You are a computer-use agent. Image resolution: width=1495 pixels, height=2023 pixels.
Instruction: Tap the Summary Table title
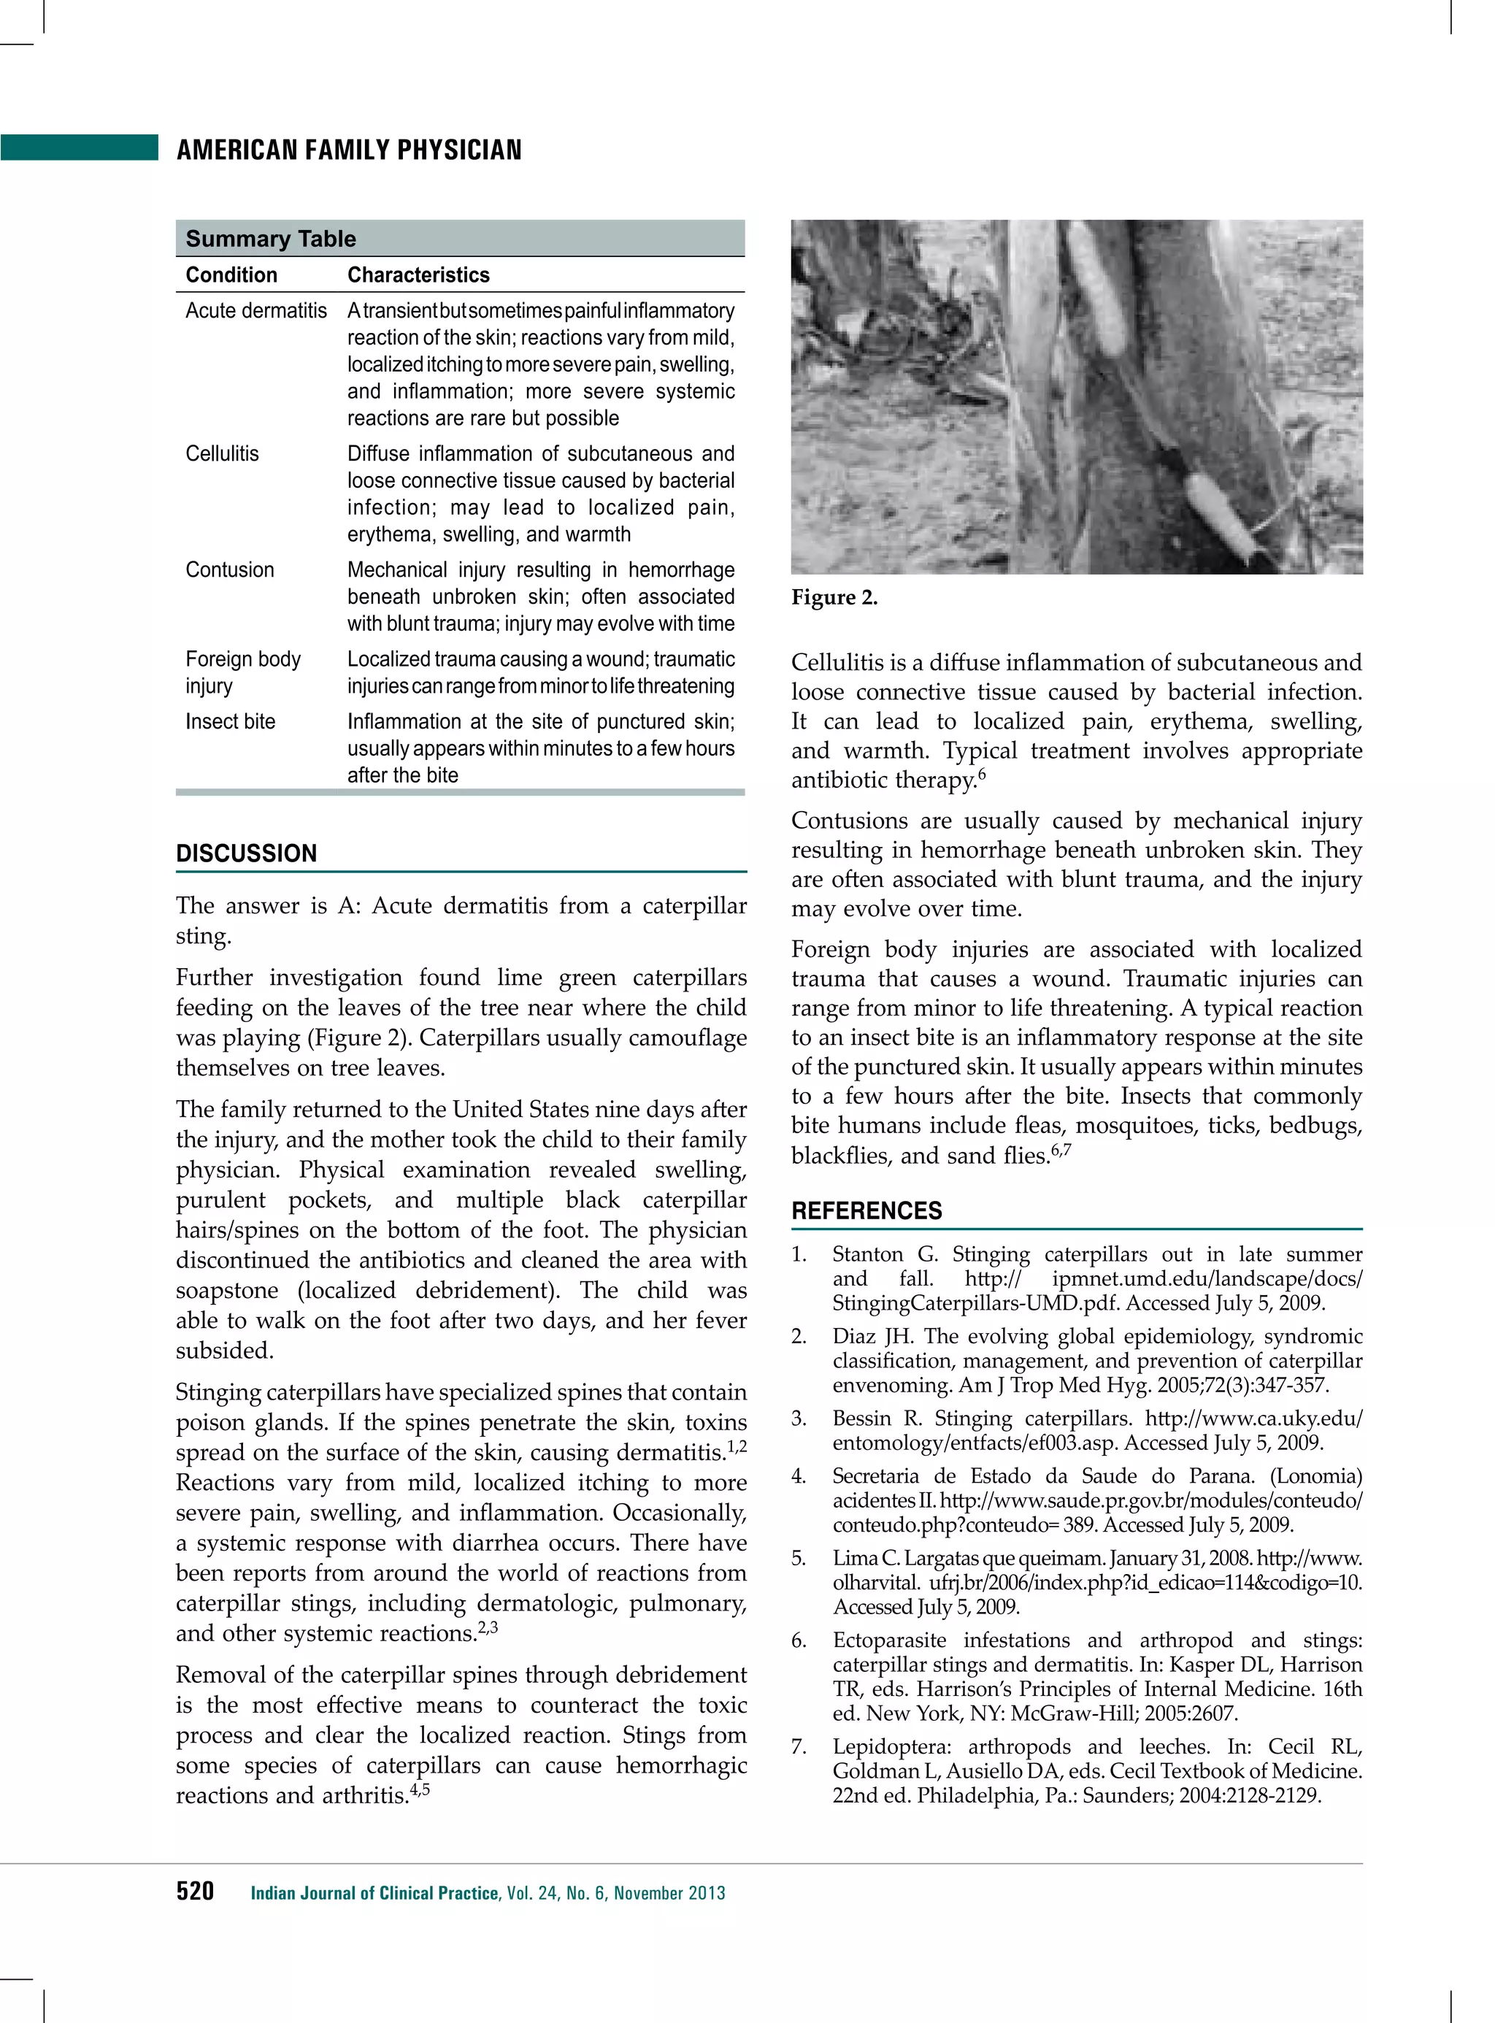pos(271,239)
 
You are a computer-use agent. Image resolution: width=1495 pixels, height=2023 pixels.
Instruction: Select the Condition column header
pos(231,275)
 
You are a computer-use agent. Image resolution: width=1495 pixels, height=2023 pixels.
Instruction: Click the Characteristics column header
pos(418,275)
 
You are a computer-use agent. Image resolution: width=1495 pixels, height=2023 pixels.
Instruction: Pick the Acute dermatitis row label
pos(256,310)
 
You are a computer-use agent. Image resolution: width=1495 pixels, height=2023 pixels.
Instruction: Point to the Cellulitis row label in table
pos(222,453)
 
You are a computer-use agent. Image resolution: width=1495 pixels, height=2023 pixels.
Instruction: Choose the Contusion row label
pos(230,569)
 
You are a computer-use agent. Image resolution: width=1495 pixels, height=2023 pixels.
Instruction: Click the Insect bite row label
pos(230,721)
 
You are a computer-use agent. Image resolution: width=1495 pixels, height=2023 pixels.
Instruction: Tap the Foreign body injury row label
pos(242,672)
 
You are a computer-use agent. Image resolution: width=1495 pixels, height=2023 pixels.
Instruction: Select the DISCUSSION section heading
pos(246,853)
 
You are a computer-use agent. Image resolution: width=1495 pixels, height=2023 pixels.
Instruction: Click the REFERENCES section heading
pos(866,1211)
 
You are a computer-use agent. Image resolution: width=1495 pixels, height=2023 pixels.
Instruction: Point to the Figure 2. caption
pos(834,597)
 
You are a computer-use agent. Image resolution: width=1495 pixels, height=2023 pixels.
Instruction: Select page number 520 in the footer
pos(195,1891)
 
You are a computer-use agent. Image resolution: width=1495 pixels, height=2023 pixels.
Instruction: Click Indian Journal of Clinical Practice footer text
pos(374,1892)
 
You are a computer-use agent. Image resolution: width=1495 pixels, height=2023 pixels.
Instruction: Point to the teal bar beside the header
pos(80,147)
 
